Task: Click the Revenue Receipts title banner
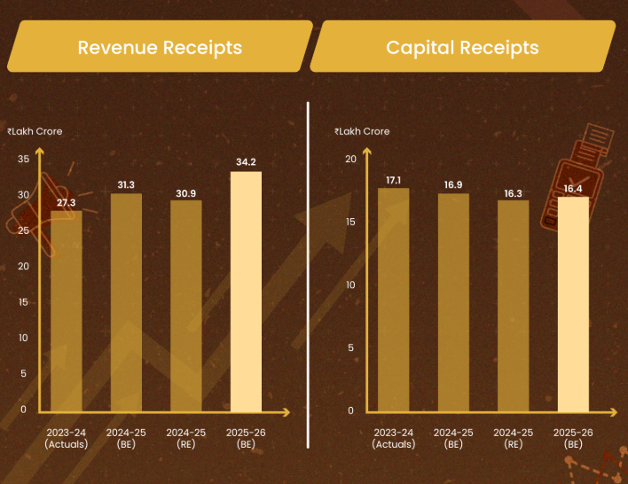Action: (160, 46)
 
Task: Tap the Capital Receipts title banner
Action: (463, 46)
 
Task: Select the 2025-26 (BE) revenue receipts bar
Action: (246, 292)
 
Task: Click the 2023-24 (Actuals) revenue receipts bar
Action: (67, 311)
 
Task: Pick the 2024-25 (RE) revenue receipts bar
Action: (186, 306)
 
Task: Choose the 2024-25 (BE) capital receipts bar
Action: (453, 302)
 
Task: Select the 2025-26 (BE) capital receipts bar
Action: (573, 305)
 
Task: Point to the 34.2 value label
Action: (246, 162)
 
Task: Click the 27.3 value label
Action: (67, 203)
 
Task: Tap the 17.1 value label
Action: (393, 180)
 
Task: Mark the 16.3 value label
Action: (513, 194)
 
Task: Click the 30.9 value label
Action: (186, 194)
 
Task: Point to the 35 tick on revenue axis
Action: (24, 159)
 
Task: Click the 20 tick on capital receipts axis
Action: (351, 159)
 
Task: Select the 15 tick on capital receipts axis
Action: (351, 222)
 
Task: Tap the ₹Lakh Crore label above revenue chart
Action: (35, 131)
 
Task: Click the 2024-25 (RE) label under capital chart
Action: (513, 439)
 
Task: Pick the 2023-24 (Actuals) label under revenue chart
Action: (67, 439)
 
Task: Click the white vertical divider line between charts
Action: (308, 275)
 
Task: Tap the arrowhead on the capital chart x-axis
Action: (613, 412)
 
